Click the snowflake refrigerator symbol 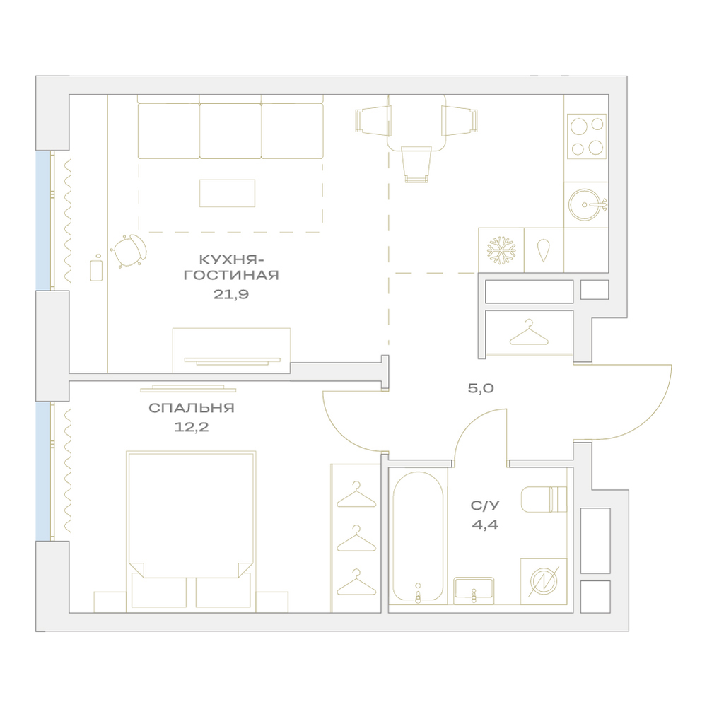501,250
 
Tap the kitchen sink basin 585,205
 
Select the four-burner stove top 587,136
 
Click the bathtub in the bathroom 418,537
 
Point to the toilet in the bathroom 544,499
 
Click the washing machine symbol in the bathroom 544,581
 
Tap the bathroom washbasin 474,590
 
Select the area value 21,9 231,294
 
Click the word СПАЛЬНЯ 191,408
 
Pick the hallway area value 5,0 481,387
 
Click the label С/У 485,506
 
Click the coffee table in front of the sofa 227,193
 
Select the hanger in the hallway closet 529,332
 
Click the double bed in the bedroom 191,531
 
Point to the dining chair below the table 416,164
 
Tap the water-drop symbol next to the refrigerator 543,250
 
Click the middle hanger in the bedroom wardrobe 356,538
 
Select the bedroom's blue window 43,471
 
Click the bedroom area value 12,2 192,426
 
